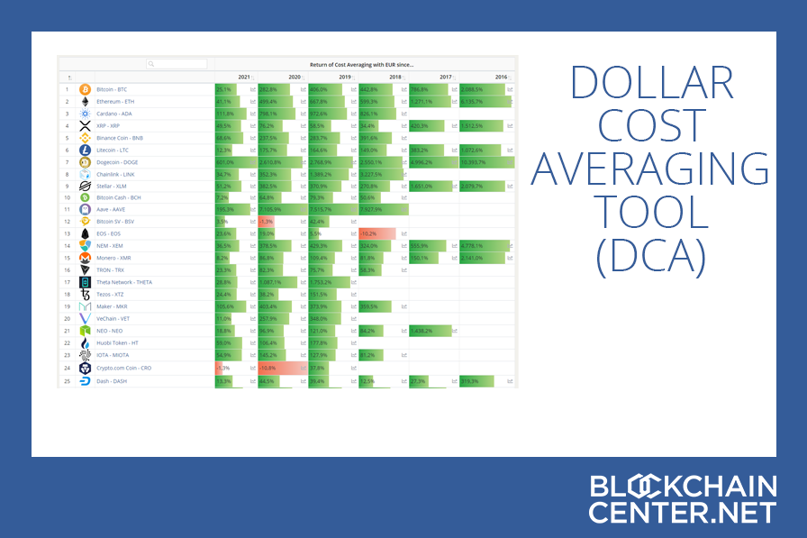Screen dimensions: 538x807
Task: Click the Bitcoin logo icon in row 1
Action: tap(86, 89)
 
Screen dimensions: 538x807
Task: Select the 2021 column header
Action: tap(244, 78)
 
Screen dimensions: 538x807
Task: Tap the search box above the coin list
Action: tap(177, 64)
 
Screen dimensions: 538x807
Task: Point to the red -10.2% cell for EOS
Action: tap(377, 233)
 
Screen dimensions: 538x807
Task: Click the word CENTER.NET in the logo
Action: tap(683, 512)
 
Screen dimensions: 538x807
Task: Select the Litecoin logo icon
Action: tap(86, 150)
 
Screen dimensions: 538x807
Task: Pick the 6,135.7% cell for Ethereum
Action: tap(483, 102)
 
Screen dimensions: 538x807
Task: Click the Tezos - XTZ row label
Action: tap(112, 294)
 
